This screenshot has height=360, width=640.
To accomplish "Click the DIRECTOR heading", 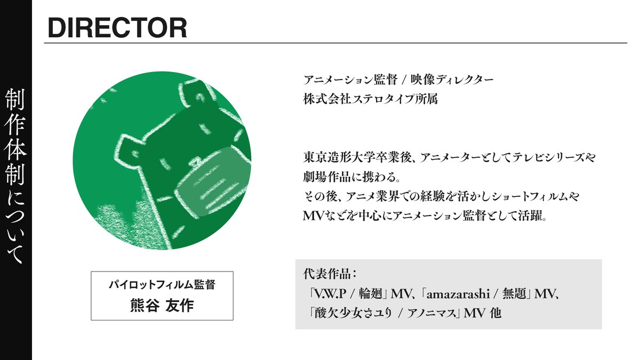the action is (x=117, y=28).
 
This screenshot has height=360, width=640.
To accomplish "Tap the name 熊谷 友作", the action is (x=162, y=306).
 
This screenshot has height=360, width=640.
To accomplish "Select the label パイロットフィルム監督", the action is (x=162, y=285).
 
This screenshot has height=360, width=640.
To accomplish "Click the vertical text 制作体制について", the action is (x=15, y=176).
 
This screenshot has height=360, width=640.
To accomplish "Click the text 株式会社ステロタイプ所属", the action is (x=371, y=99).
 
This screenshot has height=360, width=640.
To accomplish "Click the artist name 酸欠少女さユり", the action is (x=351, y=313).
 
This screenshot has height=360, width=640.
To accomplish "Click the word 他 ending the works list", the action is (x=495, y=313).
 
